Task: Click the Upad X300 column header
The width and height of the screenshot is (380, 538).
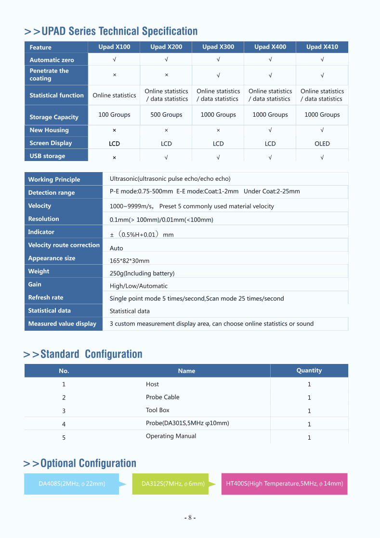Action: point(218,47)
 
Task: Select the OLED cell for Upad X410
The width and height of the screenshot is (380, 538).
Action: point(322,144)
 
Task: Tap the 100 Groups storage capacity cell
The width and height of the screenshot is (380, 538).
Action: point(114,115)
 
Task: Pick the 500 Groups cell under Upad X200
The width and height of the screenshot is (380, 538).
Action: point(166,115)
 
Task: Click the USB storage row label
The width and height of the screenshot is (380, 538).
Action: point(47,156)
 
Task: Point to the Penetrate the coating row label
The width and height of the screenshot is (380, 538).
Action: point(49,75)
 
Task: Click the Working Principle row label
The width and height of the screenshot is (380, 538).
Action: point(54,179)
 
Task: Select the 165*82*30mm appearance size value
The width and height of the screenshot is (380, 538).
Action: point(130,261)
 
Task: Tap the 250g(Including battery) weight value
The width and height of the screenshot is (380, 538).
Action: point(142,273)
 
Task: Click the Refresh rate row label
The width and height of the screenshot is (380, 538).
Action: point(46,297)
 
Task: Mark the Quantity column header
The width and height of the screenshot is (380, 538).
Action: point(309,370)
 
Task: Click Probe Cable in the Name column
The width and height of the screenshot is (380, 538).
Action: point(163,397)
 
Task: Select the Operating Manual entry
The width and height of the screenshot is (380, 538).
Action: point(171,436)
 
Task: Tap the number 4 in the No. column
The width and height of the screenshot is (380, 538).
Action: point(64,424)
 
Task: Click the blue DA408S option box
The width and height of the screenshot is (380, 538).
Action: point(72,484)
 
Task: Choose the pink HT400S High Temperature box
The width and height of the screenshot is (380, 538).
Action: point(284,484)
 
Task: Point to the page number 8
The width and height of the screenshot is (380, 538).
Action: point(190,518)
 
